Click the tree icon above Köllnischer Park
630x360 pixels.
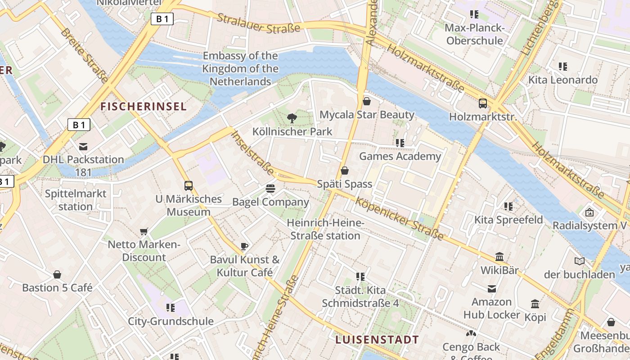pyautogui.click(x=292, y=118)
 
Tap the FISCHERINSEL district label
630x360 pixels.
pyautogui.click(x=143, y=107)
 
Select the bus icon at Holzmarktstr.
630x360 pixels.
pyautogui.click(x=483, y=103)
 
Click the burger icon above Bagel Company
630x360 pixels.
pyautogui.click(x=270, y=188)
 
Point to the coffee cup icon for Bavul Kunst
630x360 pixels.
pyautogui.click(x=244, y=246)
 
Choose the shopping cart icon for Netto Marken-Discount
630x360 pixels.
pyautogui.click(x=144, y=231)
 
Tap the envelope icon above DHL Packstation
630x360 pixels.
pyautogui.click(x=83, y=146)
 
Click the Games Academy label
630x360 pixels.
pyautogui.click(x=400, y=157)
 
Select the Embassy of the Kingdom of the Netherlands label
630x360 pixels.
pyautogui.click(x=240, y=69)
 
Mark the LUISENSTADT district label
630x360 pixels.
pyautogui.click(x=377, y=340)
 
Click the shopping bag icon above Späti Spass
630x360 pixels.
pyautogui.click(x=345, y=171)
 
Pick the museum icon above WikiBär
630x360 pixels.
pyautogui.click(x=499, y=257)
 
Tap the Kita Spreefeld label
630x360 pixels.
pyautogui.click(x=508, y=220)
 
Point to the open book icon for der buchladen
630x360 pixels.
pyautogui.click(x=580, y=261)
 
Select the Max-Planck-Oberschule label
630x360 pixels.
pyautogui.click(x=474, y=34)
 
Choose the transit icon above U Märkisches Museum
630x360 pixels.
pyautogui.click(x=189, y=185)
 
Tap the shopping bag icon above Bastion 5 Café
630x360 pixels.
pyautogui.click(x=57, y=274)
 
